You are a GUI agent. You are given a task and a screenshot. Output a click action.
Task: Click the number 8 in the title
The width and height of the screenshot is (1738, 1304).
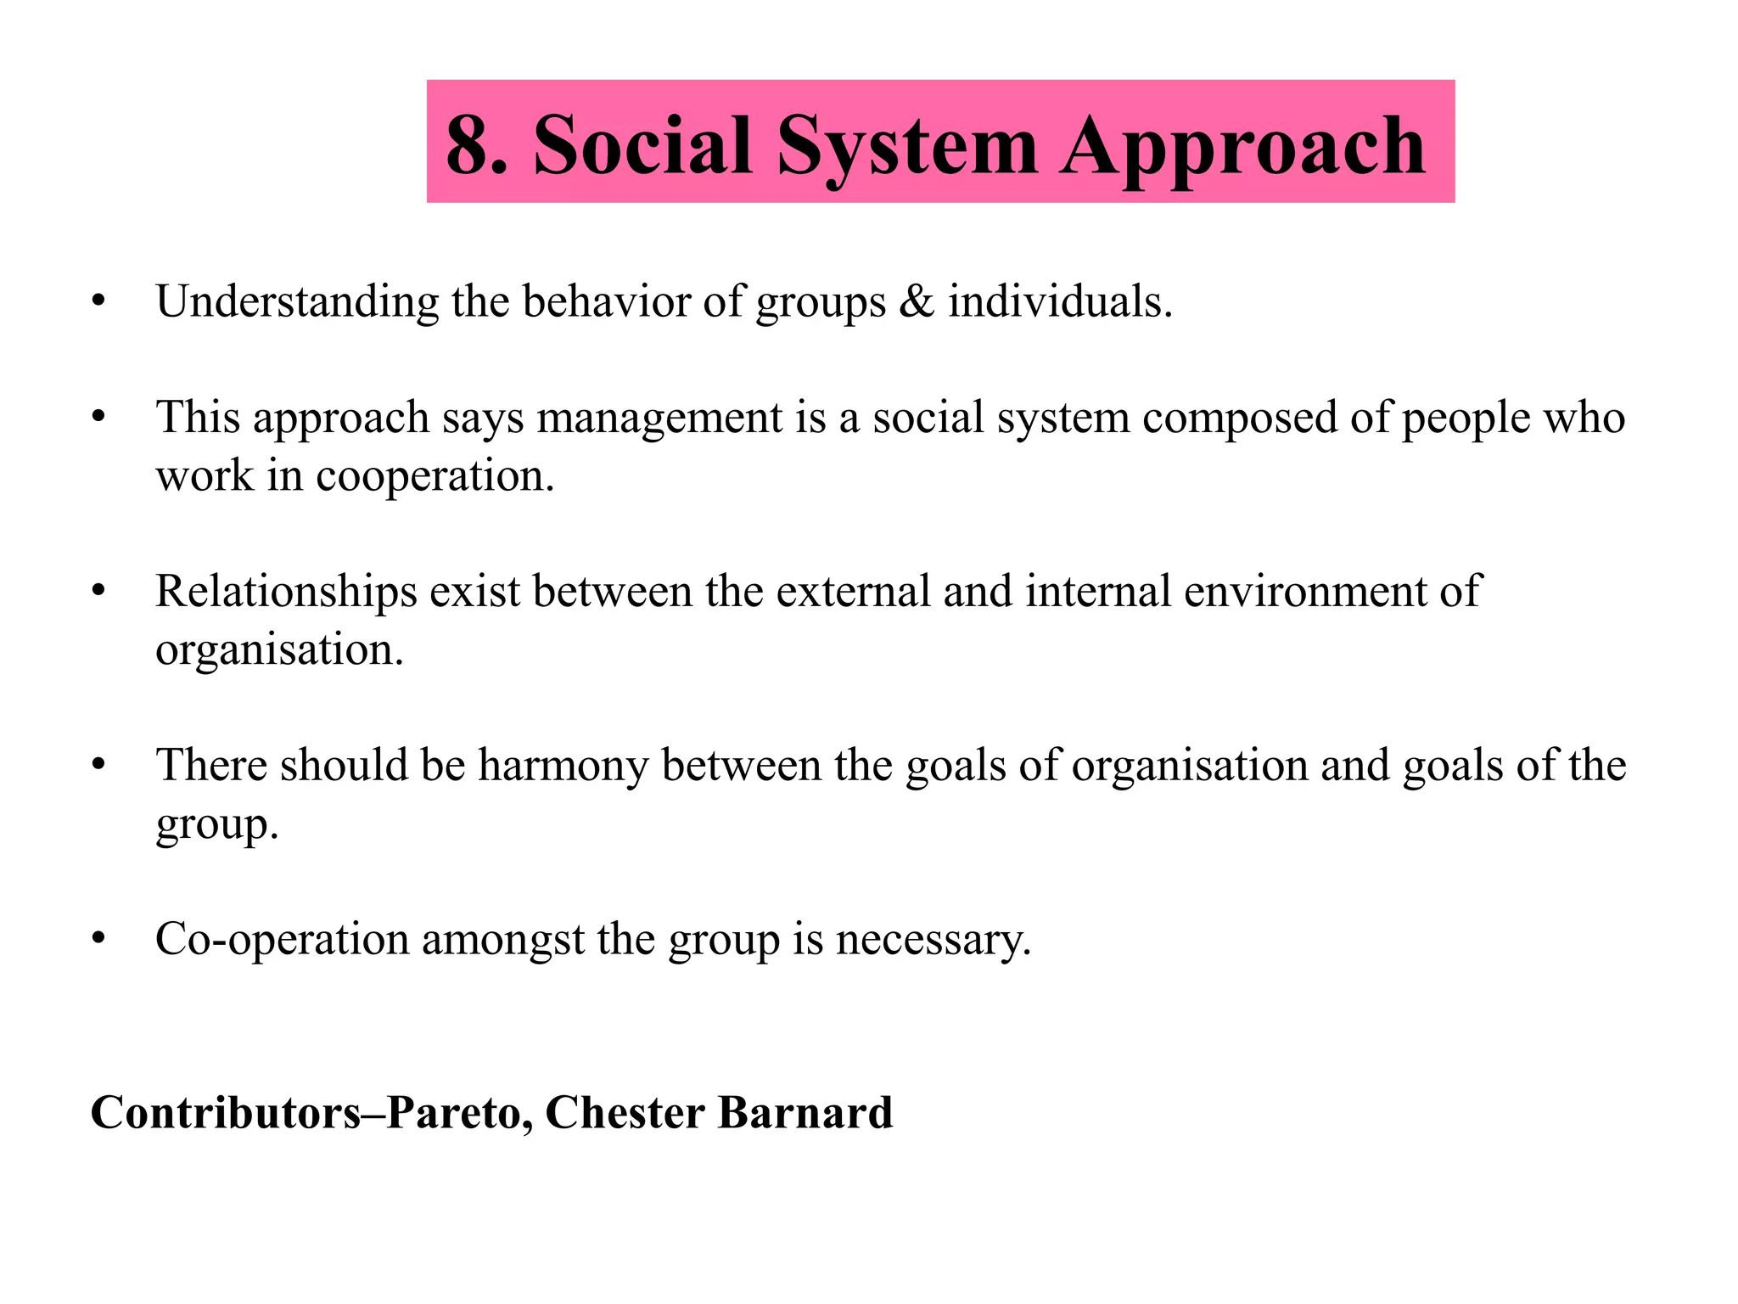click(468, 145)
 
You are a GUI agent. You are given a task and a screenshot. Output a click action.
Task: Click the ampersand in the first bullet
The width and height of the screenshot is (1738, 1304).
click(916, 301)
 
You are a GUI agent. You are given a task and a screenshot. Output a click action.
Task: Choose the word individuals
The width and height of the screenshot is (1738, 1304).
click(1060, 301)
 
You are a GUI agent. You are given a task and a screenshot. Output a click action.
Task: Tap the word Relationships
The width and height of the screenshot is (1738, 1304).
click(286, 592)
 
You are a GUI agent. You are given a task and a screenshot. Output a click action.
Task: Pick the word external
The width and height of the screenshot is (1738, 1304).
click(853, 591)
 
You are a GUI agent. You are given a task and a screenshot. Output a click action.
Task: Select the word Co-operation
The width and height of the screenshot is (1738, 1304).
click(282, 940)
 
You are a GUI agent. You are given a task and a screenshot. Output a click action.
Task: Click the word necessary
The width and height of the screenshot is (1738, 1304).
click(933, 940)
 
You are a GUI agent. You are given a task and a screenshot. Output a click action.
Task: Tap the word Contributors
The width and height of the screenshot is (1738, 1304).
click(226, 1112)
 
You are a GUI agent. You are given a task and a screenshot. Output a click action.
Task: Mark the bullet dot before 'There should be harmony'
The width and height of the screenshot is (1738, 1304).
click(99, 765)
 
